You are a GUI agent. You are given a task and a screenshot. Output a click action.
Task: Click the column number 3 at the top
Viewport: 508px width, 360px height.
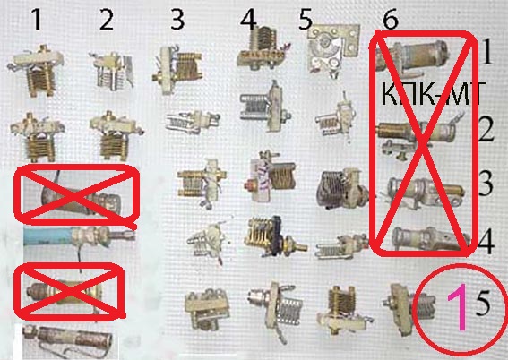pos(177,20)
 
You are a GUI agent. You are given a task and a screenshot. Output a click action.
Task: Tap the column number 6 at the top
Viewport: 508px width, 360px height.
pos(391,20)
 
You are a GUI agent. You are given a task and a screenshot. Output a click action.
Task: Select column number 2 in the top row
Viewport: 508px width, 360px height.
pos(107,20)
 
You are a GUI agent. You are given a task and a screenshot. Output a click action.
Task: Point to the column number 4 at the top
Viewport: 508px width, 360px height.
pos(248,20)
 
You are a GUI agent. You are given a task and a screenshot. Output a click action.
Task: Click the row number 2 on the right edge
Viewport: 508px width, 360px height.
pos(486,130)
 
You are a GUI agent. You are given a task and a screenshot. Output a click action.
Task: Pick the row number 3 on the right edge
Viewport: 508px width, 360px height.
pos(486,184)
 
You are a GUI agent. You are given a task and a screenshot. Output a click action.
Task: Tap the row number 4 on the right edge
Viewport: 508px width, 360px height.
pos(486,242)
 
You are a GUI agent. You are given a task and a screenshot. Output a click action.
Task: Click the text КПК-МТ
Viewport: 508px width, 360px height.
pos(434,94)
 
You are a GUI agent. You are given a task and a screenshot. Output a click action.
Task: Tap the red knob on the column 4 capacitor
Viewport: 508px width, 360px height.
pos(250,186)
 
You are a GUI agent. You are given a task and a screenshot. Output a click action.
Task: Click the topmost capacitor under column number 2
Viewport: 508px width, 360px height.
pos(112,72)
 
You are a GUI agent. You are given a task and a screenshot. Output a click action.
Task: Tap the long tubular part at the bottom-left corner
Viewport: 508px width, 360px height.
pos(67,341)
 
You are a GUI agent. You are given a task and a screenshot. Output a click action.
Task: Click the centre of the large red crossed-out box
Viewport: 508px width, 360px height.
pos(423,143)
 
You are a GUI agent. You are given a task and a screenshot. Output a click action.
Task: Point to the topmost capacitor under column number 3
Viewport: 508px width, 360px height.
pos(177,70)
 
